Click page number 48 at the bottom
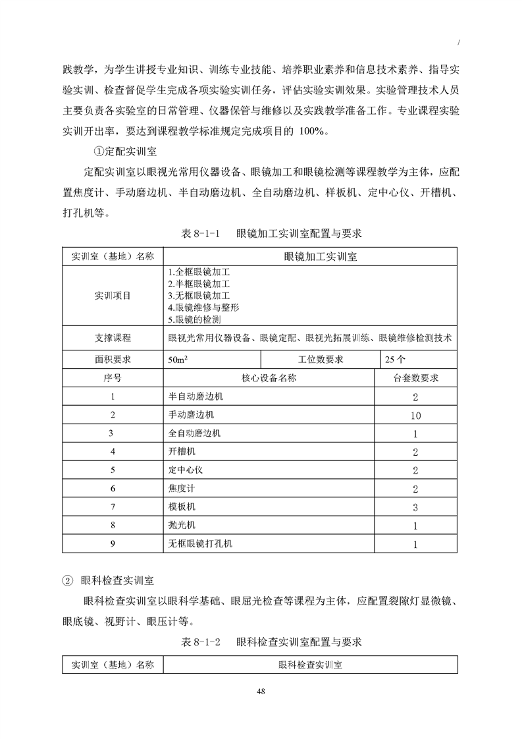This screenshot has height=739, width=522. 261,690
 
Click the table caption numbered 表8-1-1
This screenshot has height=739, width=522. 271,234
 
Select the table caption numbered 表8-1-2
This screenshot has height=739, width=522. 271,641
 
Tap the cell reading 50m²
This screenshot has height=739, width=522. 177,360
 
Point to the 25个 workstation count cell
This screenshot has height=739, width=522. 394,360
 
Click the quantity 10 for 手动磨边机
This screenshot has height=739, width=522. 415,416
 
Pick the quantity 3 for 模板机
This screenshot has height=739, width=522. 415,508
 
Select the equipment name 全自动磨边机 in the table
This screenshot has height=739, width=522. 195,433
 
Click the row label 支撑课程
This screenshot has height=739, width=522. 113,339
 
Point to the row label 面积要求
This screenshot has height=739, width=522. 113,360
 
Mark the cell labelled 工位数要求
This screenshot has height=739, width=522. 319,360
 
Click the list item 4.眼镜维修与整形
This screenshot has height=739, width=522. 203,308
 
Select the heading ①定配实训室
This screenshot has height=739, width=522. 125,152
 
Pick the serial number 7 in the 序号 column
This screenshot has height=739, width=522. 113,508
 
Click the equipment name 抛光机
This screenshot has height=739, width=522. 182,526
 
